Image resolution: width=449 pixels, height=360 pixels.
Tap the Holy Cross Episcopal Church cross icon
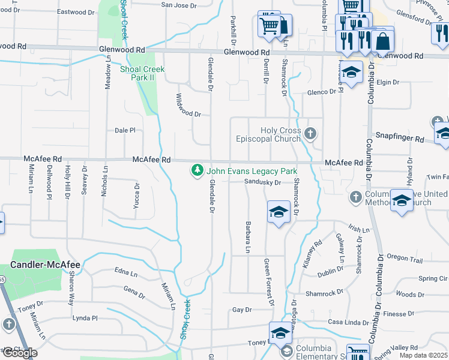(x=310, y=133)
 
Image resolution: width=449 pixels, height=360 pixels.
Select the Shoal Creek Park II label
(x=142, y=73)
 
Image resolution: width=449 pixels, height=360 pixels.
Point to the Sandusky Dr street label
(x=263, y=182)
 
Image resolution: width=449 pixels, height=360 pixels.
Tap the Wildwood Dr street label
(x=188, y=104)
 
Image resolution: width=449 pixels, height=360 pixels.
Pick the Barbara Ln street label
(x=247, y=236)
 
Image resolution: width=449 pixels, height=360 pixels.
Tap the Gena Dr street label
(x=134, y=292)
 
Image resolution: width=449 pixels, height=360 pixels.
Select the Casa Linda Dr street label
(x=348, y=322)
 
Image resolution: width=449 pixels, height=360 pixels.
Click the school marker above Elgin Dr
(x=352, y=72)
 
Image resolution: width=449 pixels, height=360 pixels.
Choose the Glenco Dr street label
(x=321, y=92)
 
